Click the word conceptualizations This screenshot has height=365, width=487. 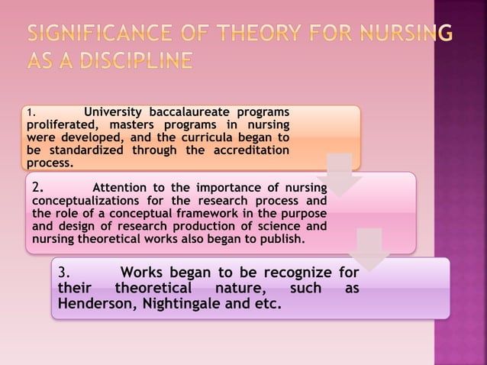click(86, 201)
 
